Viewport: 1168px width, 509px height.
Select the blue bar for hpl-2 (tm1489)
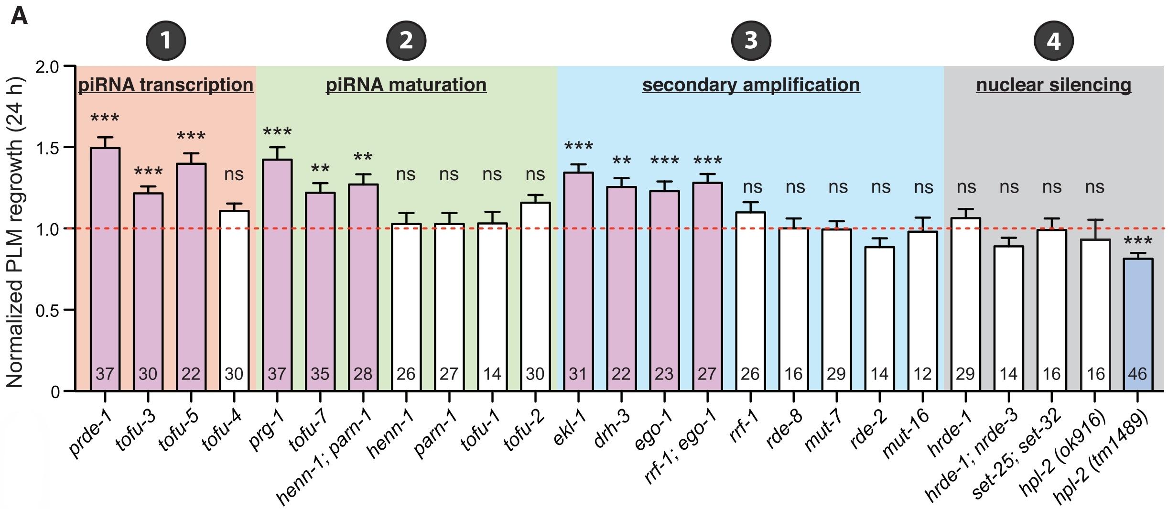pyautogui.click(x=1138, y=325)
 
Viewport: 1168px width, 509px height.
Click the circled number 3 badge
pyautogui.click(x=751, y=40)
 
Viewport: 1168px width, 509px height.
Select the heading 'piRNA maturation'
pyautogui.click(x=406, y=85)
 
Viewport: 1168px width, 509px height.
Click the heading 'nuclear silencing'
pyautogui.click(x=1053, y=85)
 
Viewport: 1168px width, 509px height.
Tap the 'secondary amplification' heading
pyautogui.click(x=751, y=85)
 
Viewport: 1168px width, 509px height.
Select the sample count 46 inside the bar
pyautogui.click(x=1137, y=374)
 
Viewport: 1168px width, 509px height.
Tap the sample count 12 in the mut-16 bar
pyautogui.click(x=922, y=374)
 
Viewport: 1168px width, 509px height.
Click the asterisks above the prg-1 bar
pyautogui.click(x=277, y=131)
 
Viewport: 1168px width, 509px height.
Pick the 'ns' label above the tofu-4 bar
pyautogui.click(x=234, y=174)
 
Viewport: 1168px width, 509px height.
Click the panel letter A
pyautogui.click(x=19, y=17)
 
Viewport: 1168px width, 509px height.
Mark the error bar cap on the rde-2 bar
pyautogui.click(x=879, y=238)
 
